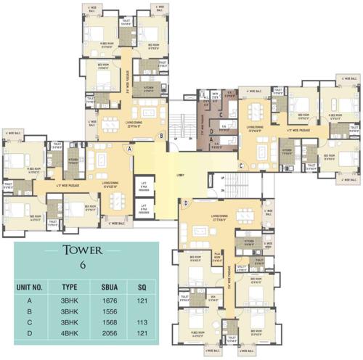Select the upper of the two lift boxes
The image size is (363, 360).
tap(144, 187)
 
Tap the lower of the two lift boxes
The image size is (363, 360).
tap(144, 208)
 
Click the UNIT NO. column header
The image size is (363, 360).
tap(33, 287)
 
